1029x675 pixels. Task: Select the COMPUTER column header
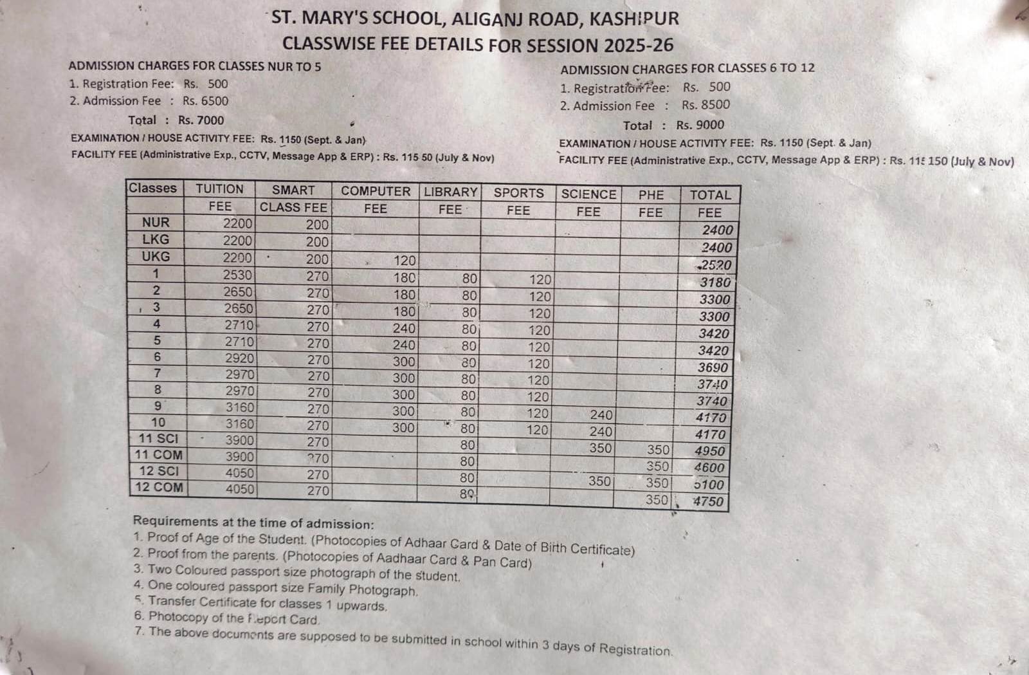(375, 191)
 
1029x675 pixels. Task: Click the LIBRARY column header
(450, 192)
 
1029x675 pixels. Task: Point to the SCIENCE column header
(588, 194)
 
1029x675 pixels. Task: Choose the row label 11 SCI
(158, 439)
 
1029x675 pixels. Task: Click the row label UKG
(156, 256)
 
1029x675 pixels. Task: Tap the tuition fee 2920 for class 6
(239, 358)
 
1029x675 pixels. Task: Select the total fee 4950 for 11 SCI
(709, 451)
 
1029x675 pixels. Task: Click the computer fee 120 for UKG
(405, 261)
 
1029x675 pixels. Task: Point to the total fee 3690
(713, 368)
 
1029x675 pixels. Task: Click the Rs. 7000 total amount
(201, 120)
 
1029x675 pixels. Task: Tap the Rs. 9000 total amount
(700, 125)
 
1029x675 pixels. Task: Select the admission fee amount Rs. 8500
(706, 105)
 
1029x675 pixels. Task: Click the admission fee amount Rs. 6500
(205, 101)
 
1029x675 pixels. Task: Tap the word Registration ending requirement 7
(635, 649)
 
